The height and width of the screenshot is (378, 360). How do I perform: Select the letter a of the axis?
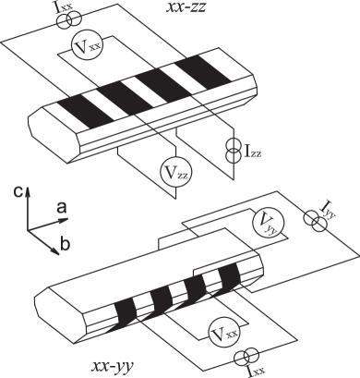[x=60, y=211]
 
